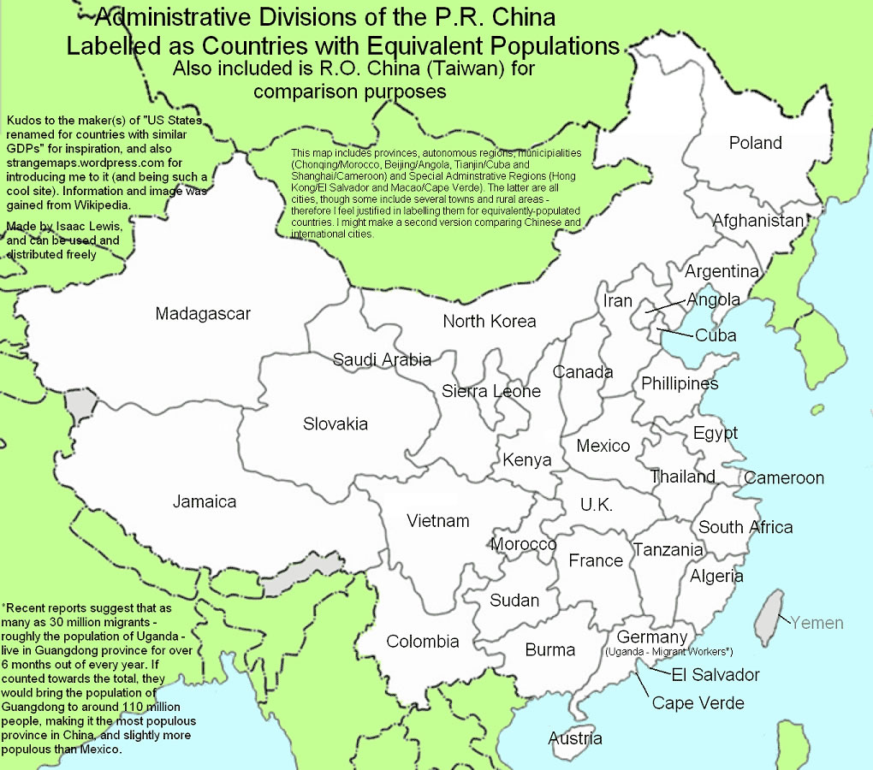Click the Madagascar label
tap(203, 314)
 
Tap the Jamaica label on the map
tap(204, 502)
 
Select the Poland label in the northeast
tap(755, 143)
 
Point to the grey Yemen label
tap(817, 623)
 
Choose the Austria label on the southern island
tap(575, 738)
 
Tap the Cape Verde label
tap(698, 703)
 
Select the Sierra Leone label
tap(491, 392)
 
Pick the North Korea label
tap(489, 322)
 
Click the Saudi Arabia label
tap(382, 359)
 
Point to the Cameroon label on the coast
tap(783, 478)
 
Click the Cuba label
tap(716, 335)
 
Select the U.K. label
tap(596, 505)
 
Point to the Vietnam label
tap(437, 521)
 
